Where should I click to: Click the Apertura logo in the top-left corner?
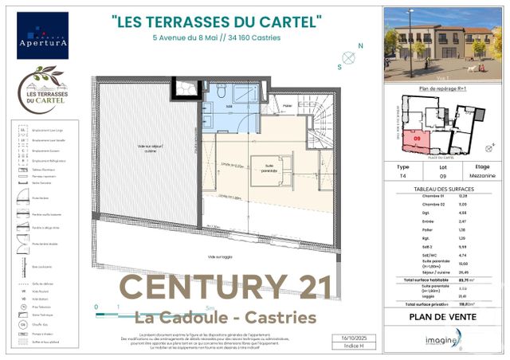(x=42, y=36)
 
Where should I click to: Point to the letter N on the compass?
(x=360, y=46)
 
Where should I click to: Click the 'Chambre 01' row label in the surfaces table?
(x=413, y=197)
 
